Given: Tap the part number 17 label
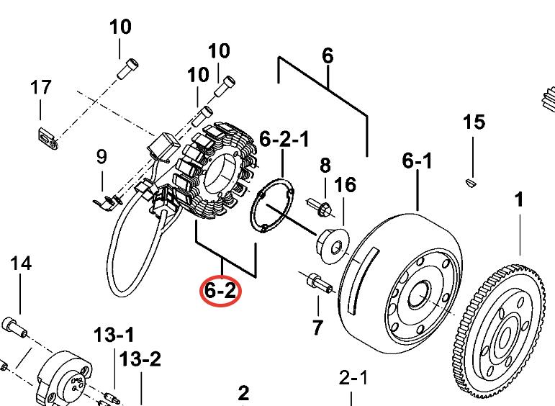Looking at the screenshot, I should [40, 88].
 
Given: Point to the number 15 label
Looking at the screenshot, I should [474, 122].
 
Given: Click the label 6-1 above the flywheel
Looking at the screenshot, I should [418, 162].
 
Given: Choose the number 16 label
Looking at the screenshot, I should [345, 185].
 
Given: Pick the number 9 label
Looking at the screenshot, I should [101, 156].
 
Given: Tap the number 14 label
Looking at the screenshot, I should [325, 166].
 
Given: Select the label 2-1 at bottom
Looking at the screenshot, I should [353, 378].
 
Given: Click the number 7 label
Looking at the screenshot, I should [317, 328].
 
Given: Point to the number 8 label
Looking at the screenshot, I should [325, 166].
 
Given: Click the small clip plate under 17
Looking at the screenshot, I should [46, 137].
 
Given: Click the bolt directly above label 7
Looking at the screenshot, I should [317, 281].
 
